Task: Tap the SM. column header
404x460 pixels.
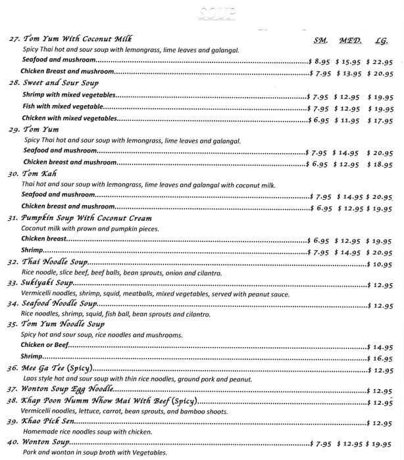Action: coord(320,40)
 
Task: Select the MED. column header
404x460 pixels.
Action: coord(351,40)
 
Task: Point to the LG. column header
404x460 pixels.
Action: coord(381,40)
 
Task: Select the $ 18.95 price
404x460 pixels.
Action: coord(380,162)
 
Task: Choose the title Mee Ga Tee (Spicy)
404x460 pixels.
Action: coord(60,369)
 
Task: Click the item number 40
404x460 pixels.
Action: coord(14,443)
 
